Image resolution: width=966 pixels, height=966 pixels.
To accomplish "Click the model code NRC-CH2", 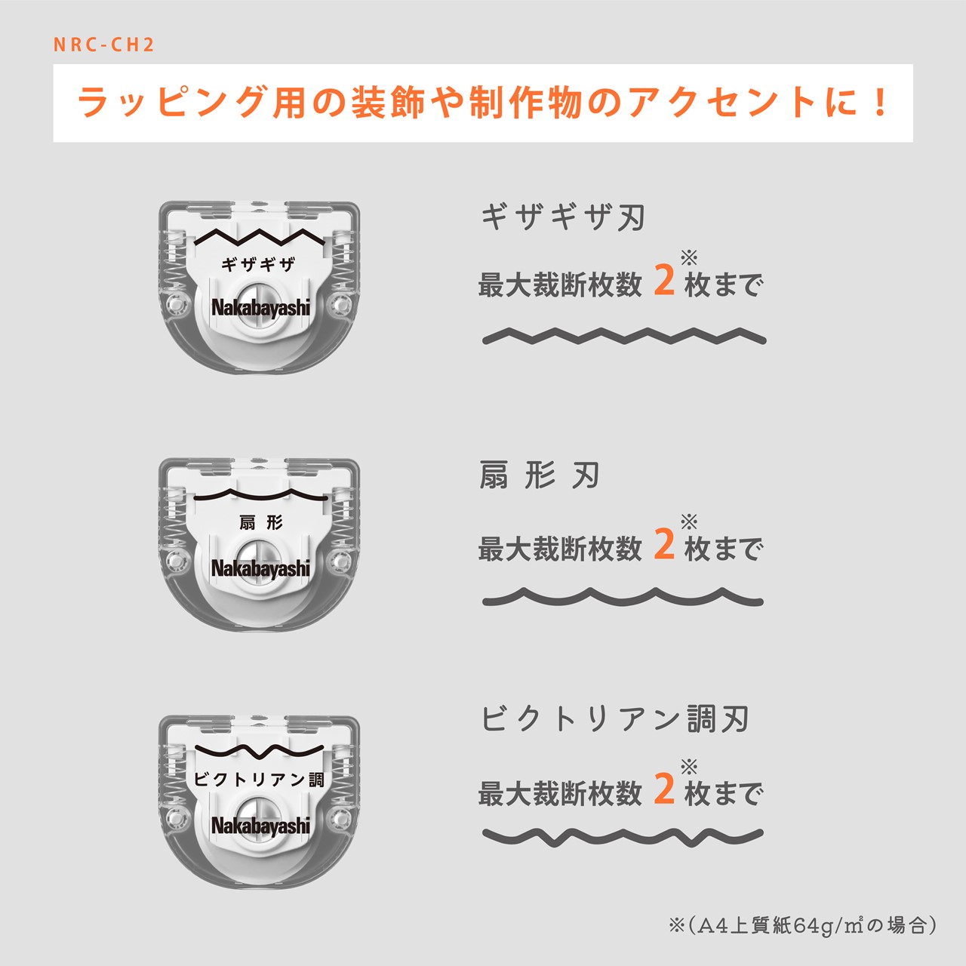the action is click(x=103, y=45).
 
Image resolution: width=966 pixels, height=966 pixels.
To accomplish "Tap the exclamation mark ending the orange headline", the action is click(x=880, y=102).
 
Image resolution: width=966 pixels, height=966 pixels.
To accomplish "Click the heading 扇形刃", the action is click(x=540, y=475).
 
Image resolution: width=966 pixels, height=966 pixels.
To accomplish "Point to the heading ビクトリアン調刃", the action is click(x=615, y=719).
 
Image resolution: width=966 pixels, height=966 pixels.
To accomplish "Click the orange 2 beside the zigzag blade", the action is click(x=664, y=281).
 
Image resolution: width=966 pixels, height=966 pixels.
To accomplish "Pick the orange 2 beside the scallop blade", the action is click(x=664, y=544).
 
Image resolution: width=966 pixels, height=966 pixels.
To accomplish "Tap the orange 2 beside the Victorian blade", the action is click(x=664, y=789).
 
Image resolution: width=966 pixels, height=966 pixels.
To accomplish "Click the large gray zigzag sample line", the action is click(x=624, y=335).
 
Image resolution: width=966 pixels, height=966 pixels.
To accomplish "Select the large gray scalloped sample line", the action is click(x=623, y=596).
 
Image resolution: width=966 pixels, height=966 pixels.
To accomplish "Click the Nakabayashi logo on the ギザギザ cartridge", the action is click(x=260, y=309).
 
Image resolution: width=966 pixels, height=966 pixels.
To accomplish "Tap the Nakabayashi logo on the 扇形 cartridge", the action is click(x=260, y=569).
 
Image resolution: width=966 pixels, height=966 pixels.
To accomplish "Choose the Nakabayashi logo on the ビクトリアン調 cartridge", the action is click(x=260, y=826).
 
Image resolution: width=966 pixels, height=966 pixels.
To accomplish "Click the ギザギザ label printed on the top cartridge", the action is click(x=257, y=264).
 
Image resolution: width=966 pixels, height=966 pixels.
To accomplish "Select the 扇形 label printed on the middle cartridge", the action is click(x=260, y=523).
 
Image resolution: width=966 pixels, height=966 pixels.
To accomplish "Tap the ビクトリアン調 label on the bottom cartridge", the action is click(x=259, y=780).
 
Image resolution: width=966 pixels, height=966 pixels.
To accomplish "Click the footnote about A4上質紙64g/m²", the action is click(x=802, y=925).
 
